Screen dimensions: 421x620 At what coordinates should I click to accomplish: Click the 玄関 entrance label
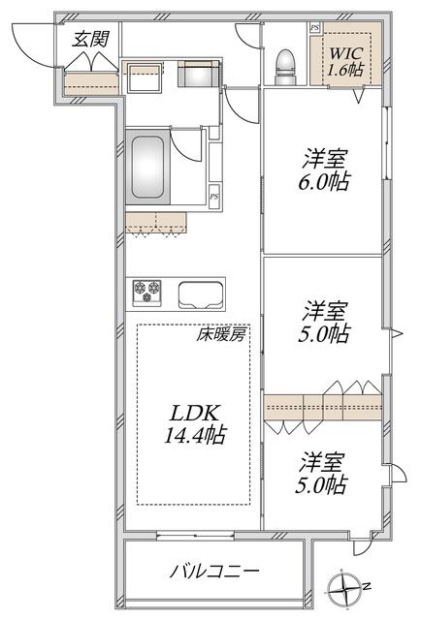tap(90, 39)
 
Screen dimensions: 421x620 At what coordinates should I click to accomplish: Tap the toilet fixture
tap(285, 67)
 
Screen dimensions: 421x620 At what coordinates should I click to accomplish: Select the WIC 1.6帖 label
tap(345, 62)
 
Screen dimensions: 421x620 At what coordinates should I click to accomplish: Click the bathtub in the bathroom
tap(147, 167)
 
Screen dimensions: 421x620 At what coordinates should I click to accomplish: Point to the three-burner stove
tap(146, 292)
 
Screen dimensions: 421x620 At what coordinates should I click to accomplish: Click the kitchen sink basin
tap(200, 294)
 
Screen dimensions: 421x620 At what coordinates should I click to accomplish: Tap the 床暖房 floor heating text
tap(221, 335)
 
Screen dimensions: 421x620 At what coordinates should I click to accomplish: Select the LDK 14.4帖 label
tap(194, 424)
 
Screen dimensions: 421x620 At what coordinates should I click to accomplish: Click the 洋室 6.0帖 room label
tap(324, 170)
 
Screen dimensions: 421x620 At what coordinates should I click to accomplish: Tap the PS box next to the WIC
tap(315, 28)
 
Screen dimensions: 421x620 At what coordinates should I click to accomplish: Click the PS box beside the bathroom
tap(213, 196)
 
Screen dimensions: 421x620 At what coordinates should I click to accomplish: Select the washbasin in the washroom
tap(144, 77)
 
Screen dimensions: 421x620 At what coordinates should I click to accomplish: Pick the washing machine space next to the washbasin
tap(198, 74)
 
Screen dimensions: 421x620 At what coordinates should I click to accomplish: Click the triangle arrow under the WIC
tap(359, 96)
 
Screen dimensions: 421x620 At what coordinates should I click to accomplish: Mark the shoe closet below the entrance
tap(91, 84)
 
